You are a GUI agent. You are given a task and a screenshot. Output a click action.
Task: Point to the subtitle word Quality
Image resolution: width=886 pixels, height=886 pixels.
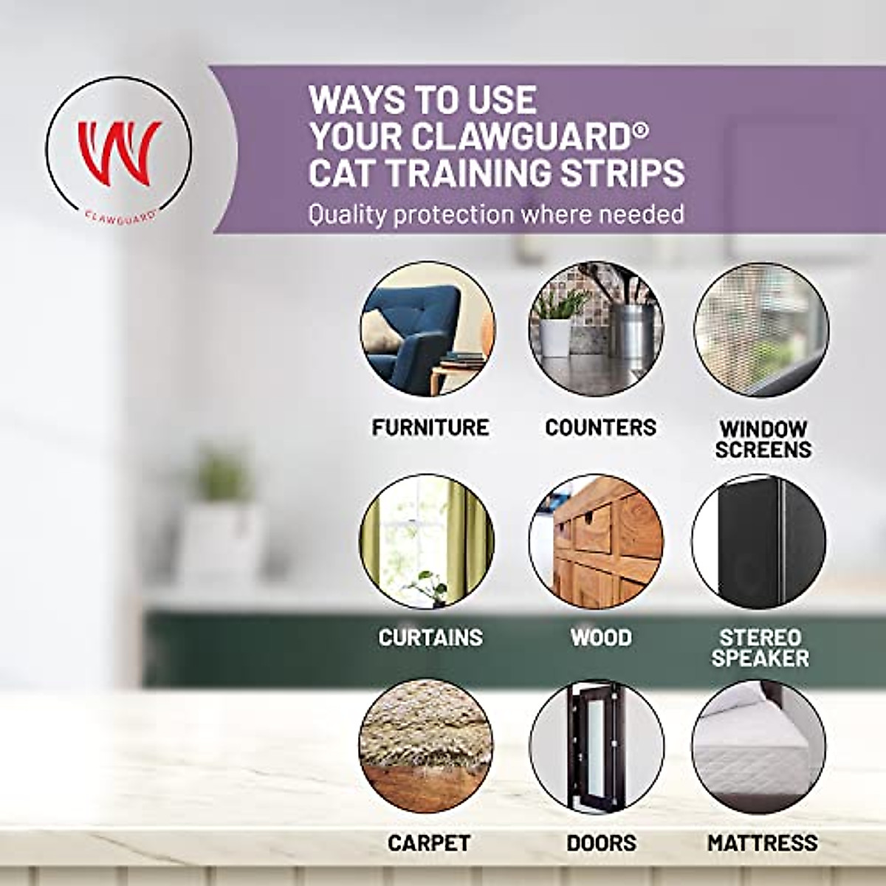[x=348, y=214]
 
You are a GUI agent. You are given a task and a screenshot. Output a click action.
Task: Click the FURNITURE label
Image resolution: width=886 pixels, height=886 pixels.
[x=430, y=427]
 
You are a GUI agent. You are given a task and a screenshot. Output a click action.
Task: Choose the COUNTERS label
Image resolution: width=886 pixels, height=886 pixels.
[x=600, y=427]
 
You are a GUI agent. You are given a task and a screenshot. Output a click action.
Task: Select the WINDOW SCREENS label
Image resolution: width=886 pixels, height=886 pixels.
[x=763, y=439]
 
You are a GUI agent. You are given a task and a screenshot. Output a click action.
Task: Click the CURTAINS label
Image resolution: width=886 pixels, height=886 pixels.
[x=430, y=637]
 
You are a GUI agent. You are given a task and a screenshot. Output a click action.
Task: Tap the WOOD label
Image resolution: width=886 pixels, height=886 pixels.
[x=601, y=637]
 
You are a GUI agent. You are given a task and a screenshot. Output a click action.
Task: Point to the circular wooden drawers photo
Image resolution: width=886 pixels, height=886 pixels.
[x=596, y=541]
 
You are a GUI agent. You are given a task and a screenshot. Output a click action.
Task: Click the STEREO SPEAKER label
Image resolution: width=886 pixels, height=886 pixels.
[x=760, y=648]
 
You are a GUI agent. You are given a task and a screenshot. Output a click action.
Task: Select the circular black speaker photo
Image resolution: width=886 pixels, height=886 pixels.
[x=759, y=541]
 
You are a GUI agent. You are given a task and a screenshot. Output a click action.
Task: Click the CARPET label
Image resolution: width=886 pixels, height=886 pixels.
[x=428, y=842]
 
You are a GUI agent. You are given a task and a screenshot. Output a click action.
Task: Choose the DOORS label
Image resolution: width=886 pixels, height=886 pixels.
[x=601, y=842]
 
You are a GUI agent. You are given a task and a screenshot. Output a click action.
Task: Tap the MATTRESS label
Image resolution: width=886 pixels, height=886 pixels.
[x=762, y=842]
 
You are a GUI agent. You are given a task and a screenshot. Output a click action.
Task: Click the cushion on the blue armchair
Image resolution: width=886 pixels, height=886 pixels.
[x=384, y=330]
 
